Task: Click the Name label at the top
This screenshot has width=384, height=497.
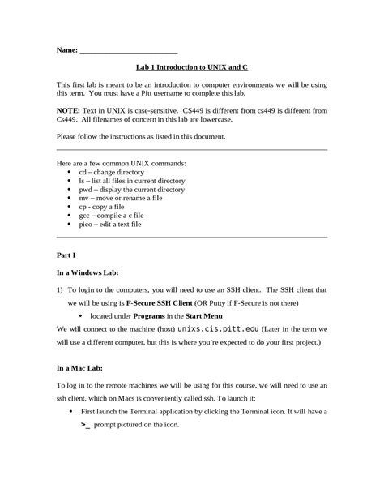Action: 66,50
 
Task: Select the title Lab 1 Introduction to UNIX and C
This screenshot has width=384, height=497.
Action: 192,70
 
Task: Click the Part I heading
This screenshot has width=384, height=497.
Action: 66,255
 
